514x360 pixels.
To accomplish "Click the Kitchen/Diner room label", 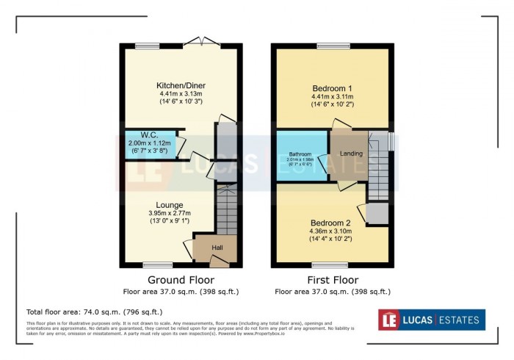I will pyautogui.click(x=179, y=85).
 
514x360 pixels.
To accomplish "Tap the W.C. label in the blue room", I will pyautogui.click(x=149, y=134).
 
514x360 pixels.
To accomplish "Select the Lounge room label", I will pyautogui.click(x=169, y=204).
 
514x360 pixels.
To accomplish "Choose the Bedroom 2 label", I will pyautogui.click(x=332, y=223).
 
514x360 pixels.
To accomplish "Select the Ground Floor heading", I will pyautogui.click(x=181, y=280).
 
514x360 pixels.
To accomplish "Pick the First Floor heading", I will pyautogui.click(x=333, y=280).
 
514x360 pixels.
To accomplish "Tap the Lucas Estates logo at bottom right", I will pyautogui.click(x=431, y=320).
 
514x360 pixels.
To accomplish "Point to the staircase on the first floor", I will pyautogui.click(x=377, y=173).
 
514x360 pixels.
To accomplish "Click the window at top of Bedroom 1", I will pyautogui.click(x=332, y=46).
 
